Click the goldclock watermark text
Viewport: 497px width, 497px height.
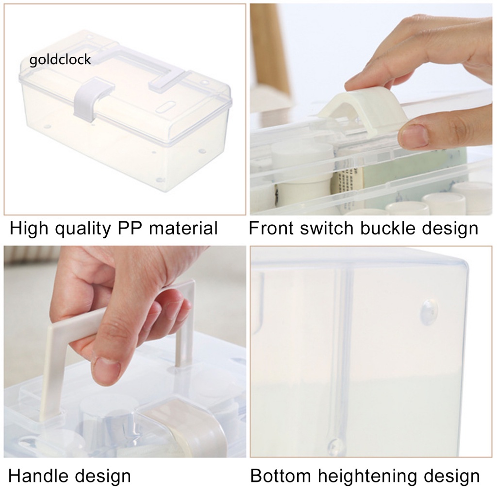tap(60, 60)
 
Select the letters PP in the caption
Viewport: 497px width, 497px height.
tap(130, 228)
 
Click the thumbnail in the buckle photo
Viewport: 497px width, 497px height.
tap(414, 135)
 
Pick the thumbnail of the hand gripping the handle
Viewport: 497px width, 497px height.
tap(108, 369)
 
